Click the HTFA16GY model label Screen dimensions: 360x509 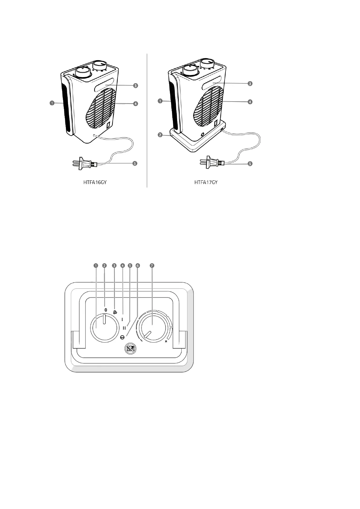(95, 183)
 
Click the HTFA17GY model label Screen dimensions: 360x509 (206, 183)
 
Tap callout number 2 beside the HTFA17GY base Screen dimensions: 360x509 (160, 135)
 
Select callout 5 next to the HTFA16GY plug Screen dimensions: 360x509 (135, 163)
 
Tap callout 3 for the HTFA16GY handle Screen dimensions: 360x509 (136, 86)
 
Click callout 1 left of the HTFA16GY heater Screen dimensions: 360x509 (52, 103)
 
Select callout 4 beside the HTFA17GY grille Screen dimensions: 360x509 (250, 102)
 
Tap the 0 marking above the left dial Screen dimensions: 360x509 (106, 310)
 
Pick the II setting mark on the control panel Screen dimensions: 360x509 (124, 328)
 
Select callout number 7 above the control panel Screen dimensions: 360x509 (152, 265)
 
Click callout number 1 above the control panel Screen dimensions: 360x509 (96, 265)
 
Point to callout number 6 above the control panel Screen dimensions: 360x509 (138, 265)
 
